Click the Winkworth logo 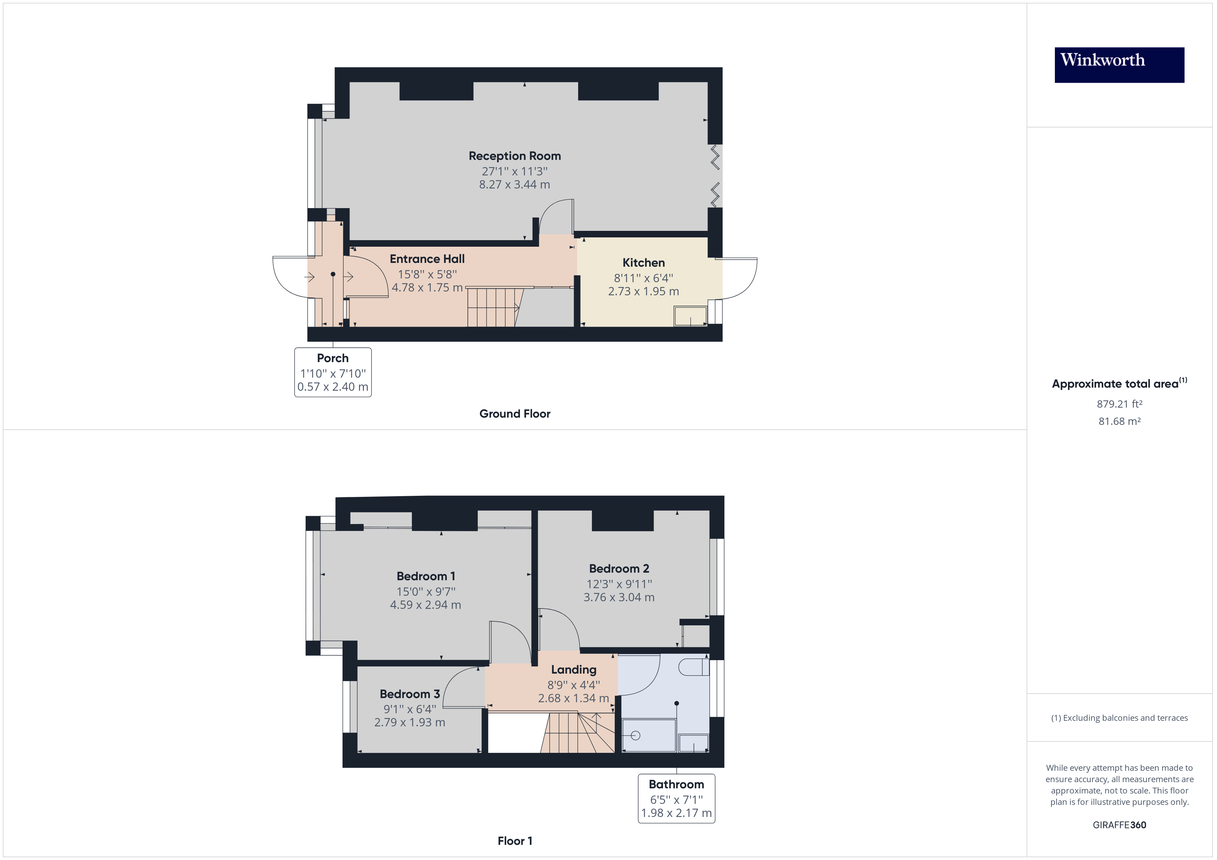coord(1119,65)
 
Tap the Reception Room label coord(514,156)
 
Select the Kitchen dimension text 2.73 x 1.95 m coord(643,291)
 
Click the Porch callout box coord(333,372)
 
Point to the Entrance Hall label coord(427,259)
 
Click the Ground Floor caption coord(514,413)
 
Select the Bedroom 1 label coord(426,576)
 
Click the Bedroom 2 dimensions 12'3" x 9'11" coord(619,584)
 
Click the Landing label coord(574,670)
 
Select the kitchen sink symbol coord(691,316)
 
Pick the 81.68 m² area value coord(1119,421)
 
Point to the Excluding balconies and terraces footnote coord(1119,718)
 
